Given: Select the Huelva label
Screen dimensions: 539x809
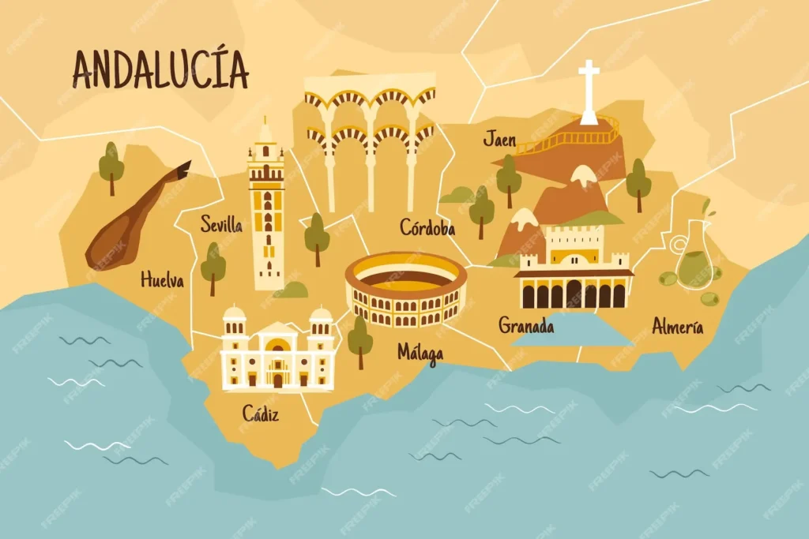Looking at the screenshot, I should coord(162,279).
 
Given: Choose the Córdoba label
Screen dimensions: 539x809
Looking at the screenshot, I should coord(427,228).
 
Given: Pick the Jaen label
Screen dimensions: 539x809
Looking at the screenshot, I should coord(499,140).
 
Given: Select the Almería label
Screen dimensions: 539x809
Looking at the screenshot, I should coord(677,326).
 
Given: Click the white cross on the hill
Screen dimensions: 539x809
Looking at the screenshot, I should coord(589,92).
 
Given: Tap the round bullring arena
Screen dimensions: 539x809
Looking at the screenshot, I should coord(406,288).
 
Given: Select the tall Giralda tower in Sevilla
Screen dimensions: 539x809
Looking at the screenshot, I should coord(267,209).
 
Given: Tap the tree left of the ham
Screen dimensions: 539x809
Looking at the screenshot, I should coord(111,167).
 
